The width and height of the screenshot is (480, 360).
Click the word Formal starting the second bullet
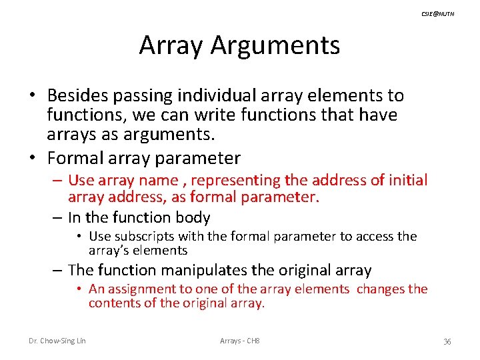pos(72,158)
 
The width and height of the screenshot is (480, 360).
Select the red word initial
pos(408,180)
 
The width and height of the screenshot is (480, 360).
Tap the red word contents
pos(112,303)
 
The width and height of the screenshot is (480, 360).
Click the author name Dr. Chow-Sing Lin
pos(57,341)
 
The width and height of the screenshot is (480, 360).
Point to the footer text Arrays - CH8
pos(239,341)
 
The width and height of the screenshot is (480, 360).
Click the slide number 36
pos(447,342)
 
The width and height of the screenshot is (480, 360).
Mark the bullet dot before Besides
pos(32,97)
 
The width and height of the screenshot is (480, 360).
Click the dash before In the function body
pos(59,217)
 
